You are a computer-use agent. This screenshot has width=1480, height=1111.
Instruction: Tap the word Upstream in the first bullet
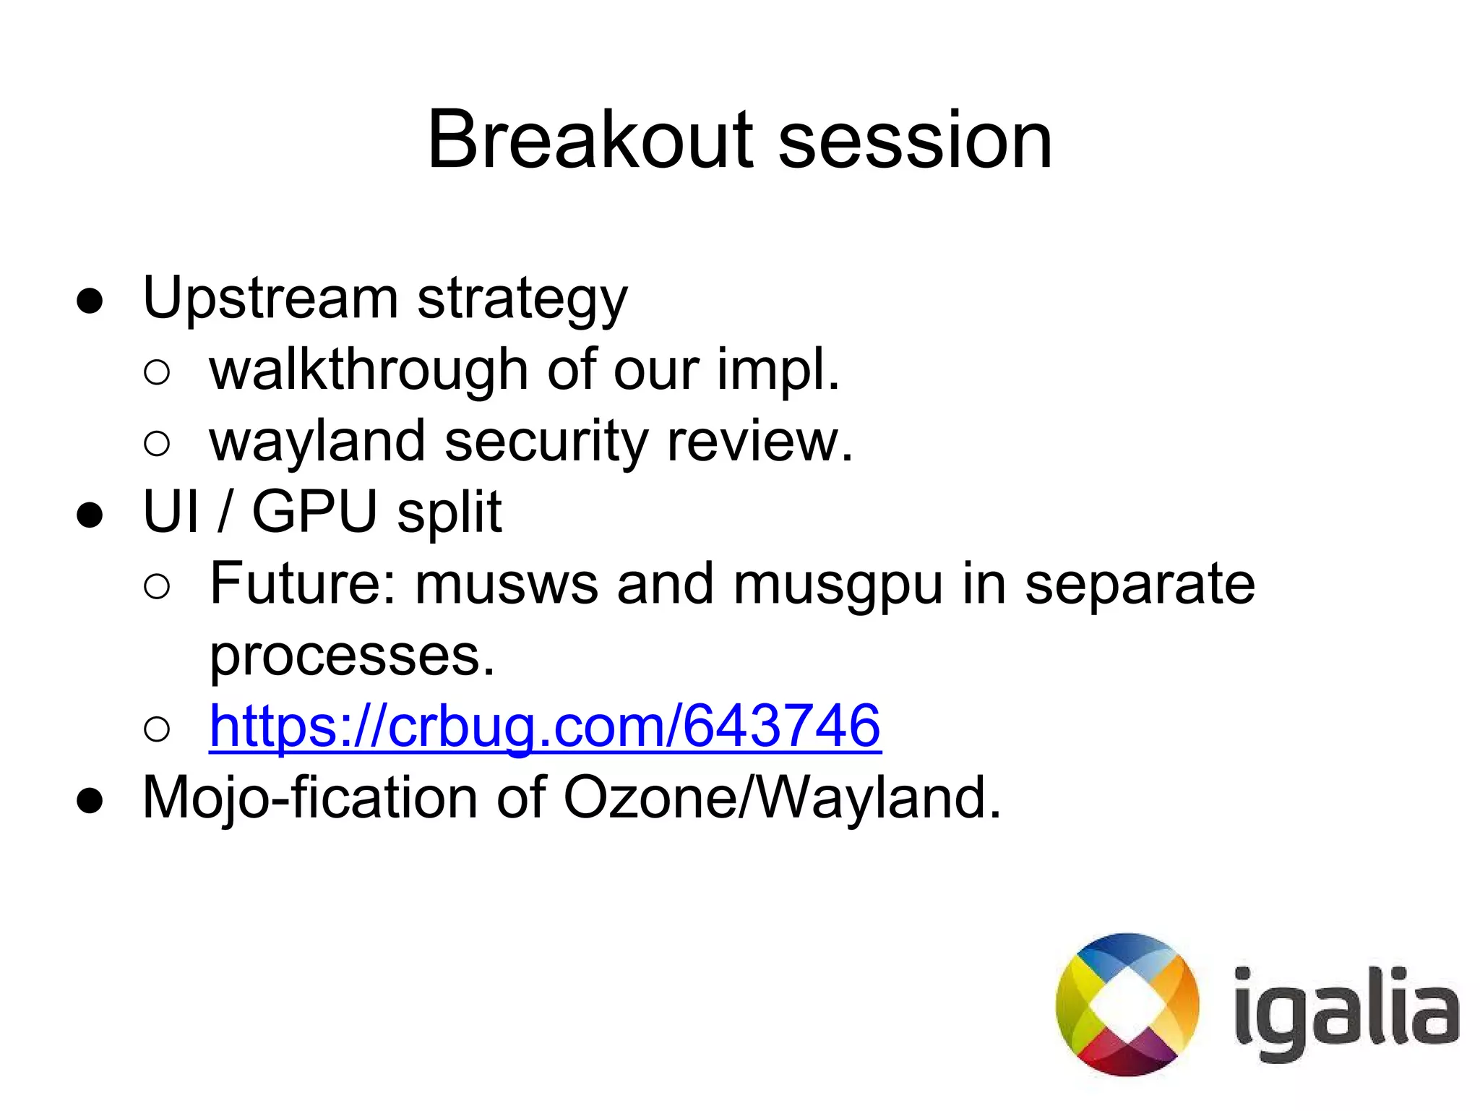[270, 298]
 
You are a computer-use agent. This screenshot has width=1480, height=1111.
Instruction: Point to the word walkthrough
[369, 369]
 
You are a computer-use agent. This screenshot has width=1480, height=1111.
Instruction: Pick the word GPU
[314, 511]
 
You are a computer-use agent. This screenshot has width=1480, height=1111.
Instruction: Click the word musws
[506, 584]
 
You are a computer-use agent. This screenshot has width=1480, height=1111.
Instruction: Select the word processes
[352, 656]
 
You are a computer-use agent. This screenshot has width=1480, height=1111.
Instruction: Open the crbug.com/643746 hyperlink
[545, 726]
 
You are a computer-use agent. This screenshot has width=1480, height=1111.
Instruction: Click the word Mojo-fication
[310, 798]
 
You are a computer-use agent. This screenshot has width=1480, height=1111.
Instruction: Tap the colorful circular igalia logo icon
[1127, 1004]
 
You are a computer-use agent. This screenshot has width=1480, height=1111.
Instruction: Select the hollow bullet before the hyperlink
[157, 729]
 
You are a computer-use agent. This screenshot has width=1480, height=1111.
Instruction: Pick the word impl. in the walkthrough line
[778, 371]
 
